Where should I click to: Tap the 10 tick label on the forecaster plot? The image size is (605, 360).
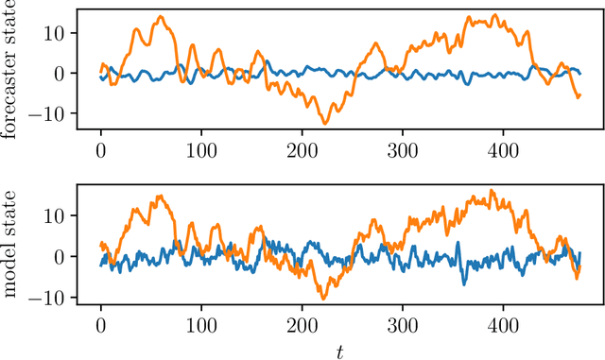pos(53,33)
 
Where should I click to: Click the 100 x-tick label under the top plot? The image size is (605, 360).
pos(201,149)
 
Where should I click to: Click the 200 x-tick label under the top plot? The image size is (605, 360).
pos(302,149)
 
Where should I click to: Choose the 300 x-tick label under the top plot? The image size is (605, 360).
pos(402,149)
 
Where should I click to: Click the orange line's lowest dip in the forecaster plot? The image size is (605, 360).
pos(324,123)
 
